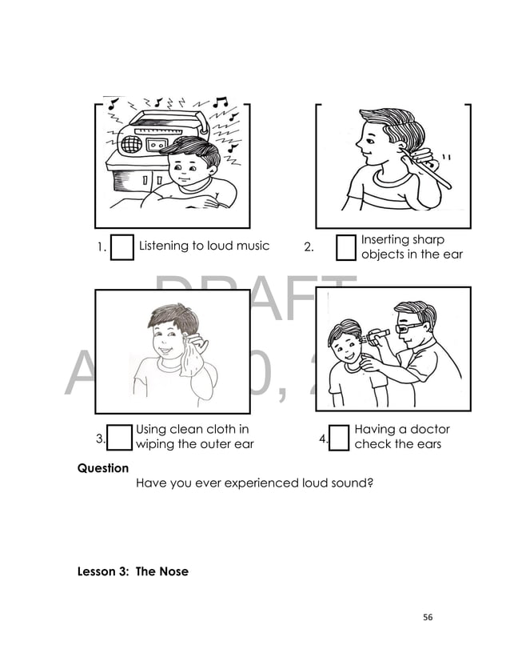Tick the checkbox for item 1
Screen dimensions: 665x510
point(122,247)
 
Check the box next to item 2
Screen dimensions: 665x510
point(345,247)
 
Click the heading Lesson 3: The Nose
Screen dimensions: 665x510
point(133,572)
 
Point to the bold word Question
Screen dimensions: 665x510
point(102,468)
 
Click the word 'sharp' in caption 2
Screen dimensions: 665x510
point(428,240)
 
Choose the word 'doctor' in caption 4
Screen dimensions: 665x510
point(428,431)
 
